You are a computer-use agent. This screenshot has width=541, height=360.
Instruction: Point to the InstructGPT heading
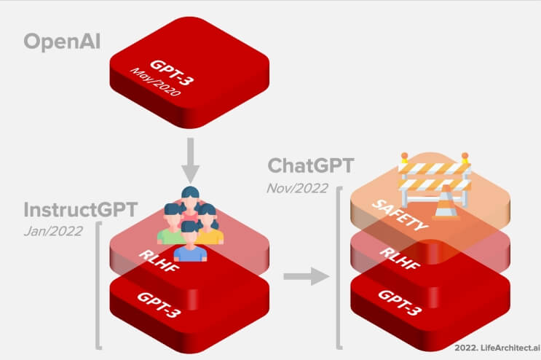click(80, 210)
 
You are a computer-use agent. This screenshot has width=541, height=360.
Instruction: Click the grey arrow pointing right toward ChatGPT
click(303, 276)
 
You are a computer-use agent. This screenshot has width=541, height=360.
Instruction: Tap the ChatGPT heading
click(311, 165)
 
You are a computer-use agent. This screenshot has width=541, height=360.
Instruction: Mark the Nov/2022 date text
click(296, 187)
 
